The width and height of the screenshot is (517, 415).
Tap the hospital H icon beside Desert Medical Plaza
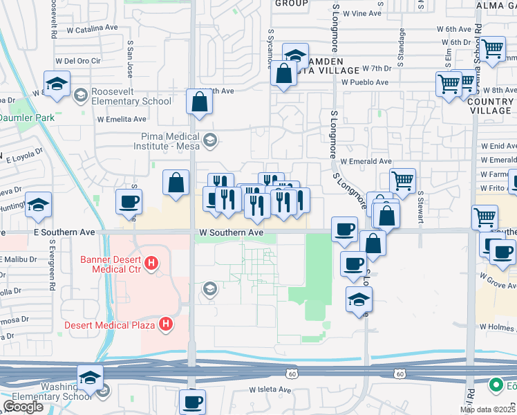pyautogui.click(x=166, y=323)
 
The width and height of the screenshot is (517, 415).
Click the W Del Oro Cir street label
pyautogui.click(x=77, y=59)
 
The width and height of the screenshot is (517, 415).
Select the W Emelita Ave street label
pyautogui.click(x=122, y=119)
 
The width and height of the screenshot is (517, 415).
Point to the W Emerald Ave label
pyautogui.click(x=366, y=161)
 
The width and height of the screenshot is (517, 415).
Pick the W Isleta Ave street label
pyautogui.click(x=270, y=389)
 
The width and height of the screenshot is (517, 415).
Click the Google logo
pyautogui.click(x=23, y=407)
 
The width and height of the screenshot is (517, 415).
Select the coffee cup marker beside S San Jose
pyautogui.click(x=129, y=201)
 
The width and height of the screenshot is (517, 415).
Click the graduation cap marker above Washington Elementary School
pyautogui.click(x=90, y=377)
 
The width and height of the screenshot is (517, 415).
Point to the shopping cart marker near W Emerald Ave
pyautogui.click(x=402, y=181)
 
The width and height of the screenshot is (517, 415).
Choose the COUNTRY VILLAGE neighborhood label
pyautogui.click(x=490, y=106)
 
